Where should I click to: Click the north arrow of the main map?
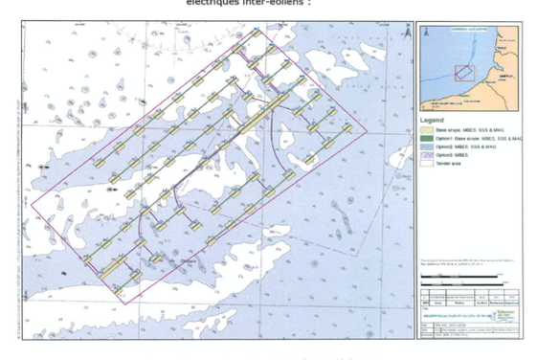pyautogui.click(x=407, y=32)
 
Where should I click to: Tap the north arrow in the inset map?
pyautogui.click(x=513, y=35)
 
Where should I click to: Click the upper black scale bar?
pyautogui.click(x=459, y=277)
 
